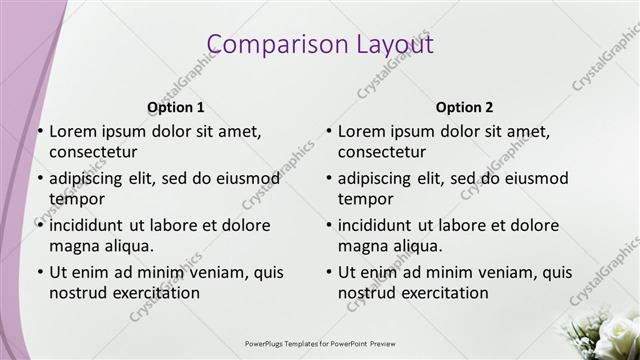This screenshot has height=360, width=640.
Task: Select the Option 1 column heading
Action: (x=176, y=107)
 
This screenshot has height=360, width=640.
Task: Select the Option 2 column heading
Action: (x=465, y=107)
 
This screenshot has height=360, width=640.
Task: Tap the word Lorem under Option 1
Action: (x=72, y=130)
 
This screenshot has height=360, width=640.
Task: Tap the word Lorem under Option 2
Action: (x=361, y=130)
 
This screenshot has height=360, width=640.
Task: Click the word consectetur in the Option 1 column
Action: (x=93, y=152)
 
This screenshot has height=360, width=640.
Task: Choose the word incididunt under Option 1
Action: (x=89, y=225)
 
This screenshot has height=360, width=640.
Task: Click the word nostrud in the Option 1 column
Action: (x=78, y=294)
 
